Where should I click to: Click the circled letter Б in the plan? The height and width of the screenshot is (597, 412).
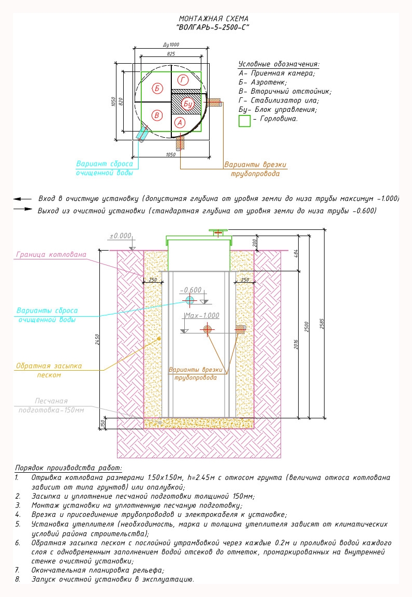click(157, 89)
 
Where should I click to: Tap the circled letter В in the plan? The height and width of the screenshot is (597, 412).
click(157, 115)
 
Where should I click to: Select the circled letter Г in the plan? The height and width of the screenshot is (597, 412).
click(183, 80)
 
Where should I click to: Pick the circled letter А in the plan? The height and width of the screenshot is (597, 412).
click(180, 123)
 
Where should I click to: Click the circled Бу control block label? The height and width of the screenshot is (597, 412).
click(188, 104)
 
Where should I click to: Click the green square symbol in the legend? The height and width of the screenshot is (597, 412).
click(245, 121)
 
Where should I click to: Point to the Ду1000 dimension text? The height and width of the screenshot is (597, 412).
click(171, 45)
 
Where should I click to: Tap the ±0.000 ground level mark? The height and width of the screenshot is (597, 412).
click(120, 236)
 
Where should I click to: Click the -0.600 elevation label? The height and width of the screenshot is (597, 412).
click(190, 290)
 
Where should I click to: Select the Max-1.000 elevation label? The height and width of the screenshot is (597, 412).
click(202, 316)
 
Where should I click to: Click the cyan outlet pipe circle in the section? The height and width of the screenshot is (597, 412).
click(190, 300)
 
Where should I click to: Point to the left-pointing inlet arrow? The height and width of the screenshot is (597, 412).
click(22, 199)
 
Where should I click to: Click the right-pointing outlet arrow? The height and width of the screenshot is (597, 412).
click(23, 209)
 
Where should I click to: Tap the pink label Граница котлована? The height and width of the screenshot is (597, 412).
click(51, 254)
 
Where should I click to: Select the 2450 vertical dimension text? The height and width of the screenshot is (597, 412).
click(97, 340)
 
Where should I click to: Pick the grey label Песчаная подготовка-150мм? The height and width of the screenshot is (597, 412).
click(51, 405)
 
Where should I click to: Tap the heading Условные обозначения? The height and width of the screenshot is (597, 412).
click(279, 64)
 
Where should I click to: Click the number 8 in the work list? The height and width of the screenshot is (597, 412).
click(18, 579)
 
